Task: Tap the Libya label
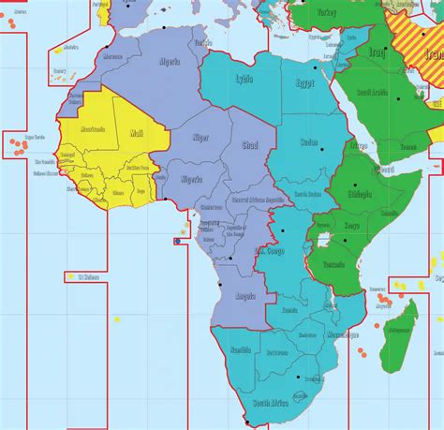[244, 79]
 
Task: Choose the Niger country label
[200, 137]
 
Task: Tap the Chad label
[248, 146]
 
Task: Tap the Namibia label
[241, 348]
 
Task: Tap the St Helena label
[89, 276]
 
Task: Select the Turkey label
[326, 13]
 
